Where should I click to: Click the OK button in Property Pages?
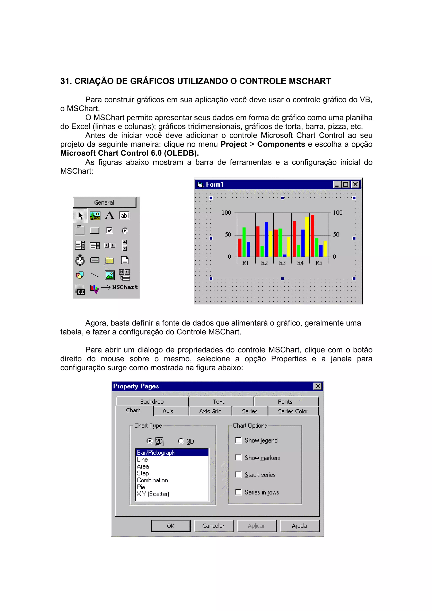(x=171, y=526)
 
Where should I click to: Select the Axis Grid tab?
(x=210, y=411)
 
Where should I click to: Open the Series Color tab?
(x=293, y=411)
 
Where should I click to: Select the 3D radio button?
(x=181, y=441)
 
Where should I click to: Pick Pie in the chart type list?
(x=141, y=487)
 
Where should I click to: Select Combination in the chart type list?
(x=152, y=480)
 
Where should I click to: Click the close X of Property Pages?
(x=317, y=386)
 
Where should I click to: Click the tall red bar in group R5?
(x=312, y=235)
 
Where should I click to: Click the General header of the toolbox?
(x=104, y=203)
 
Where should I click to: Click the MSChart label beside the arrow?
(x=125, y=287)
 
